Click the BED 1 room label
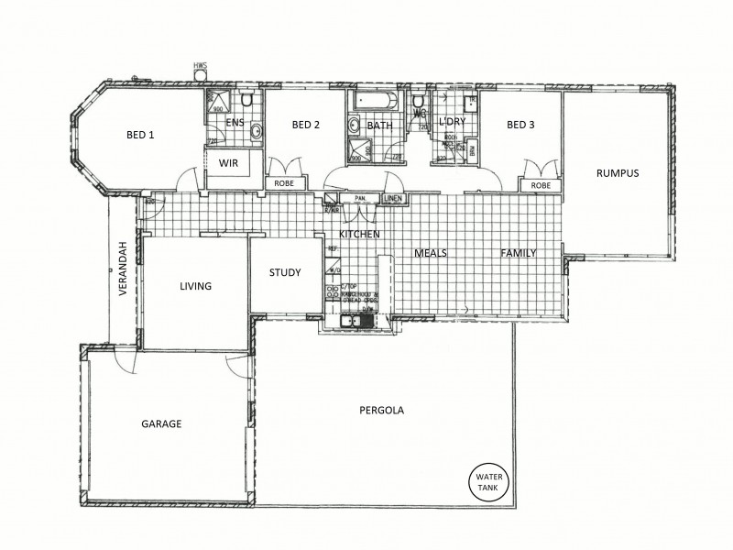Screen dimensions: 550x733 (x=140, y=135)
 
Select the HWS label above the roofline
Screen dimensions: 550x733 (x=199, y=66)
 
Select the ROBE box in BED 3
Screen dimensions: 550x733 (x=541, y=185)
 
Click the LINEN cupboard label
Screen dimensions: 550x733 (x=392, y=198)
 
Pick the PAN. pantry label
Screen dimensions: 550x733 (x=359, y=198)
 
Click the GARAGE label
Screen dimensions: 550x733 (x=161, y=424)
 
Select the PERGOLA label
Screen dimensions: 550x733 (x=382, y=411)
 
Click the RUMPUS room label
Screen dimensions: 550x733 (x=617, y=172)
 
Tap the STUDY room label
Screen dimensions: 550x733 (x=285, y=272)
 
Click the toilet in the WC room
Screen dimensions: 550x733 (x=418, y=101)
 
